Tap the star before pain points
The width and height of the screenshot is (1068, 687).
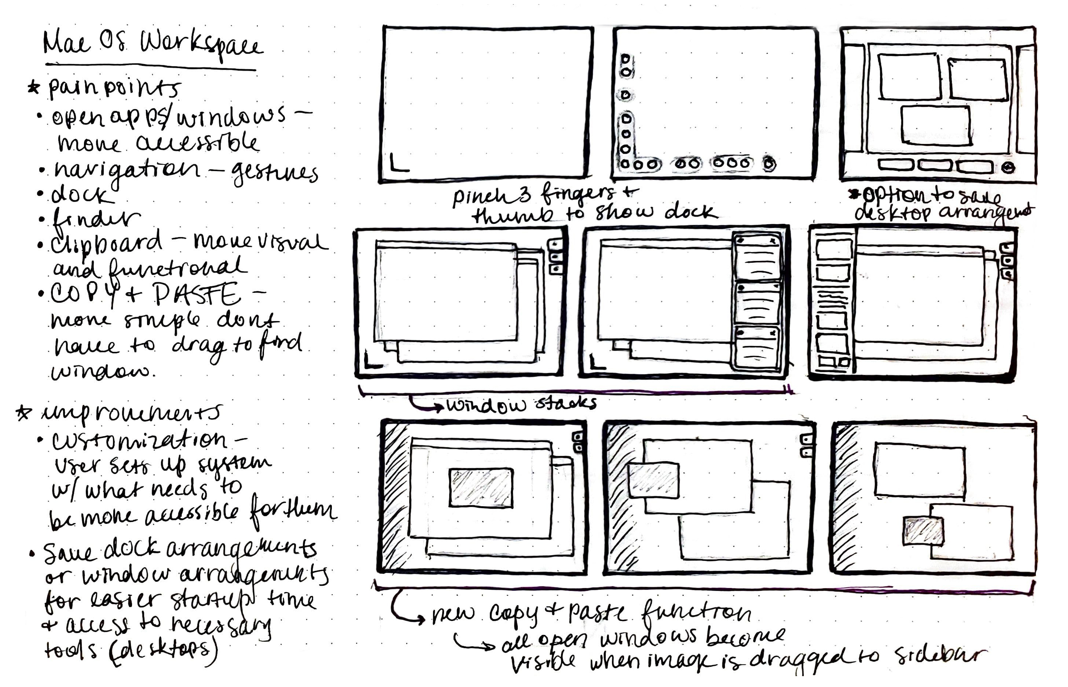point(33,87)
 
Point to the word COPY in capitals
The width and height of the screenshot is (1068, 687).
point(85,294)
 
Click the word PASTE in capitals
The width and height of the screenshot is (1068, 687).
point(196,294)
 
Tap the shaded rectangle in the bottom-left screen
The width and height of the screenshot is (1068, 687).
point(480,487)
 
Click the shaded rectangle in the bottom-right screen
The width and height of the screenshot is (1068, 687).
point(923,531)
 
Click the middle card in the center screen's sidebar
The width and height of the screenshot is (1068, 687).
point(757,303)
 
